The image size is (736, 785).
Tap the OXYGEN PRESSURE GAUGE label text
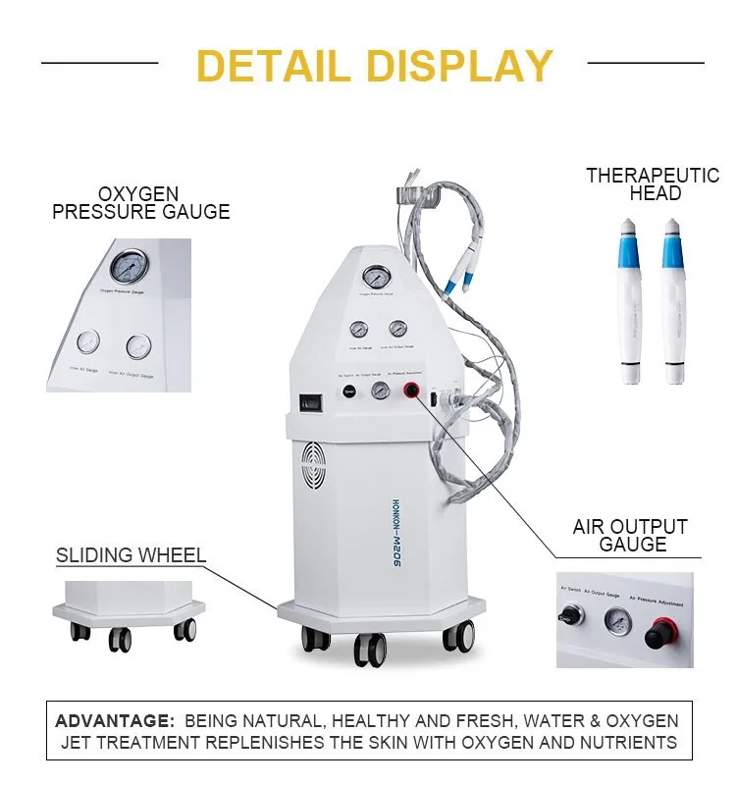tap(140, 203)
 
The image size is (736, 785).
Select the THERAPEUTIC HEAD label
tap(653, 184)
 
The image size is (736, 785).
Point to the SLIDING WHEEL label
tap(131, 555)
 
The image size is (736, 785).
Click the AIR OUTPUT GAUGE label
tap(630, 536)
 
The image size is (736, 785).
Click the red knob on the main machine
tap(410, 392)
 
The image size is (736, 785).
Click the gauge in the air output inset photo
tap(615, 619)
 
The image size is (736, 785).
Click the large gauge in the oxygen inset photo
tap(130, 266)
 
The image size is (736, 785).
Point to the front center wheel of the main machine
tap(368, 649)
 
